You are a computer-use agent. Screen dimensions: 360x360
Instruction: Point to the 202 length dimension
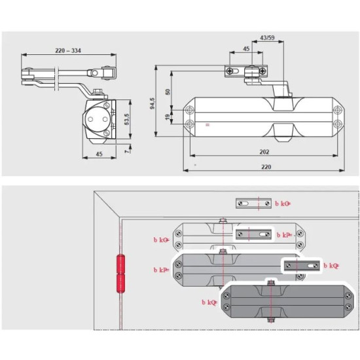(264, 151)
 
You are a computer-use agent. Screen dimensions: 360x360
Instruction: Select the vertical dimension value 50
(168, 92)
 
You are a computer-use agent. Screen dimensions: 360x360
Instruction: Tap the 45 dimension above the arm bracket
(247, 48)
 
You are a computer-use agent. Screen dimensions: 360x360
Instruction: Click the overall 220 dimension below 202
(265, 166)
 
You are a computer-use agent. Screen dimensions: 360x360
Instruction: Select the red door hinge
(120, 274)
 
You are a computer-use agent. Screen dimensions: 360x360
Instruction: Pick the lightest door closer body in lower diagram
(203, 236)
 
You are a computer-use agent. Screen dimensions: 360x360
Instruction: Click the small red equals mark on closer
(208, 124)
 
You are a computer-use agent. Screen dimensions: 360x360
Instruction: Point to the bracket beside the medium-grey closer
(302, 266)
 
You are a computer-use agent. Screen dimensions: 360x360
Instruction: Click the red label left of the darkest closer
(212, 302)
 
